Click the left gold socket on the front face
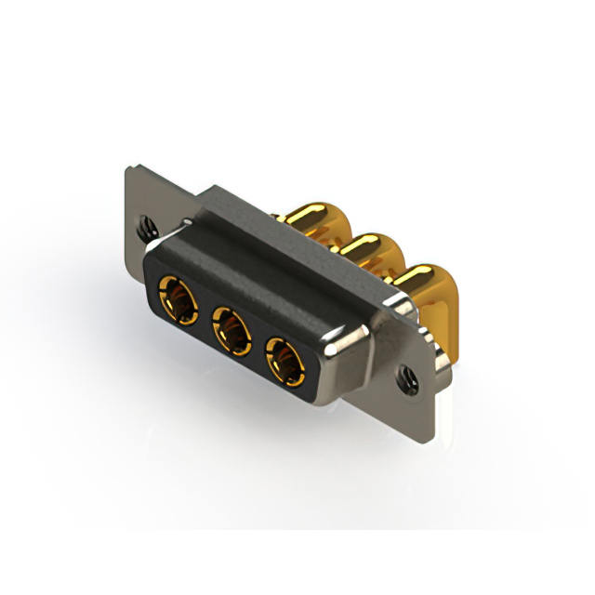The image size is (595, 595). pos(177,299)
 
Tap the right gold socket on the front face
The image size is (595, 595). pos(285,359)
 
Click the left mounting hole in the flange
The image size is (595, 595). pos(143,224)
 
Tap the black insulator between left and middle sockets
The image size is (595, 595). pos(204,313)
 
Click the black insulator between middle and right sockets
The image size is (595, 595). pos(258,343)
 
